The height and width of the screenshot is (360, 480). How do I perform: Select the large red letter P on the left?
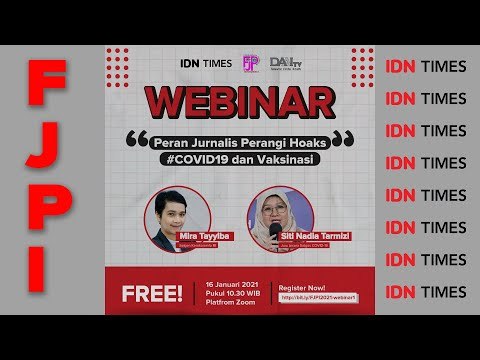pos(51,205)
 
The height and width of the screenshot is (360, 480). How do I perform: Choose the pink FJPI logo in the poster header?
pos(250,63)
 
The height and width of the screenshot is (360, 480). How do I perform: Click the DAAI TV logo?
pos(290,63)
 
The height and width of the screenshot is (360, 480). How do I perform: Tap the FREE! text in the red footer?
pos(144,295)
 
